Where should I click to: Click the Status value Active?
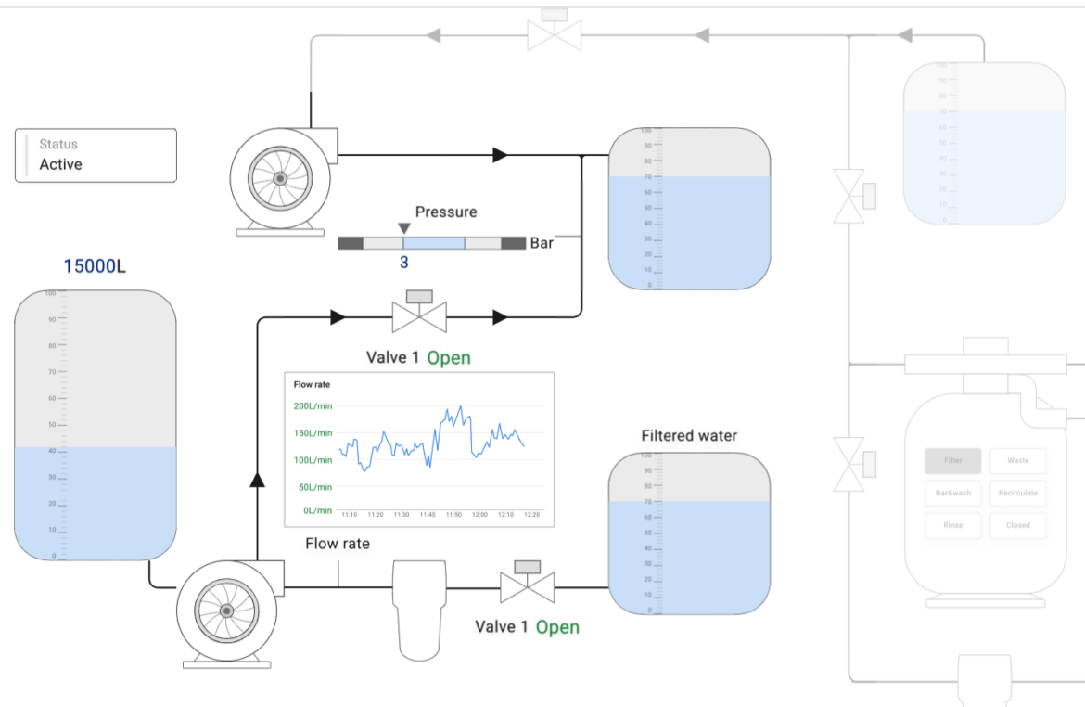tap(60, 164)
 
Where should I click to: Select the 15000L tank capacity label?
tap(95, 266)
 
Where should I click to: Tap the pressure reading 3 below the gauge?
tap(403, 263)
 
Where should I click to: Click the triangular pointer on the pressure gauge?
tap(403, 228)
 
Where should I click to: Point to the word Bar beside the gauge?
tap(542, 243)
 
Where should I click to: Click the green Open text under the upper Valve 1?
tap(449, 358)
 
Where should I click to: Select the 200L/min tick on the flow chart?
tap(313, 406)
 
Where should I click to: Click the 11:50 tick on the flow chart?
tap(453, 514)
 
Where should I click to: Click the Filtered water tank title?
tap(689, 435)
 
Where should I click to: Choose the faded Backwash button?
tap(952, 493)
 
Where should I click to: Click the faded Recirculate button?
tap(1017, 493)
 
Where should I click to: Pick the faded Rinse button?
tap(952, 525)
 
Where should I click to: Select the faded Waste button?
tap(1017, 460)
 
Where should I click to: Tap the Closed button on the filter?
tap(1017, 525)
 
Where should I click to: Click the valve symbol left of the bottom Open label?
tap(527, 585)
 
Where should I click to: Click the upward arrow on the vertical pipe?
tap(257, 479)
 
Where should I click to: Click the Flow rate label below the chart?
tap(338, 544)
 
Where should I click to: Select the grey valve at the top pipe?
tap(555, 34)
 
